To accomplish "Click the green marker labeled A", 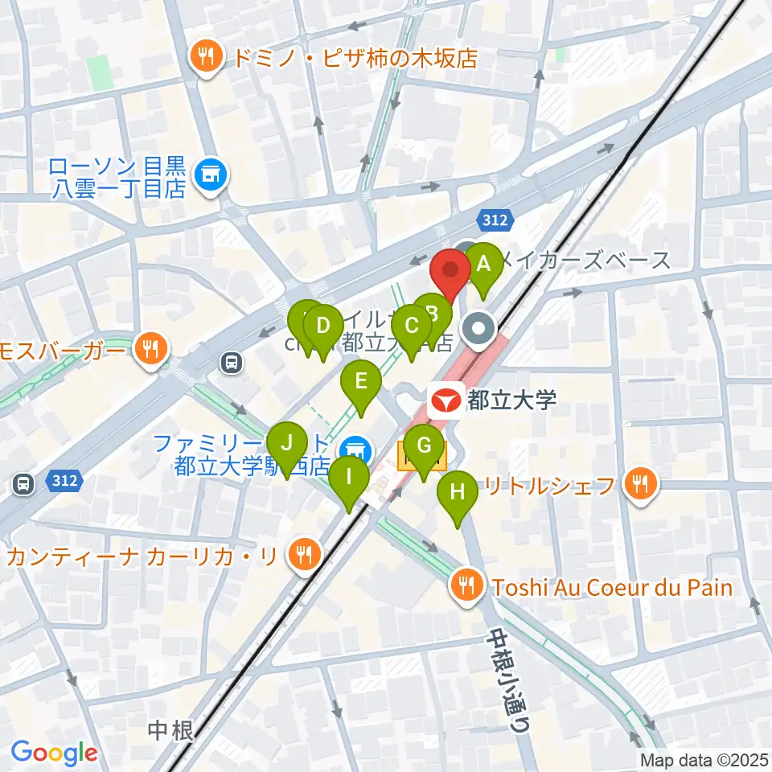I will point(483,266).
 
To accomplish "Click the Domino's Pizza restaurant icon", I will point(207,57).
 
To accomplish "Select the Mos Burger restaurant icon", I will point(150,348).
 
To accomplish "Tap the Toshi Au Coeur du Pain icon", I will point(466,587).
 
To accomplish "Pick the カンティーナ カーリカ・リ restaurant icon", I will point(303,556).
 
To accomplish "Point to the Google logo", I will point(54,753).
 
